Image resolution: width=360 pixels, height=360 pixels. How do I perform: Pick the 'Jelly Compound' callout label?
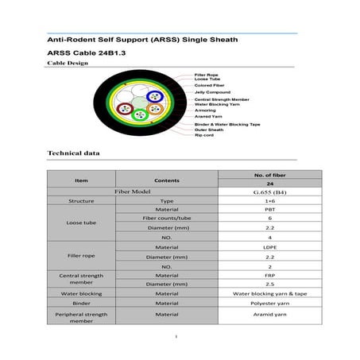pos(212,92)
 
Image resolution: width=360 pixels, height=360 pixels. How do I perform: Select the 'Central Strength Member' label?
pos(223,99)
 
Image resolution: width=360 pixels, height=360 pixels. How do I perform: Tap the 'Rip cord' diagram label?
pos(204,135)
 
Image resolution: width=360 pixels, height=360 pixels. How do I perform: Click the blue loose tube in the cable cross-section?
pos(153,96)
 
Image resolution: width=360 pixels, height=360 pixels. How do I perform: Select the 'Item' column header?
pos(81,180)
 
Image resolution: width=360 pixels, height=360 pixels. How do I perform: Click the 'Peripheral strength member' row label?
pos(81,318)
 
